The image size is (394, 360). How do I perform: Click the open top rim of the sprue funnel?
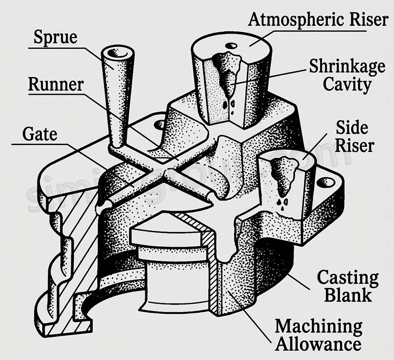tap(118, 52)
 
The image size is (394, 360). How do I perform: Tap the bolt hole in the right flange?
tap(326, 183)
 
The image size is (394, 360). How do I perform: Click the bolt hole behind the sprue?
tap(160, 125)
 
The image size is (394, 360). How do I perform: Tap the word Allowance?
tap(318, 343)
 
